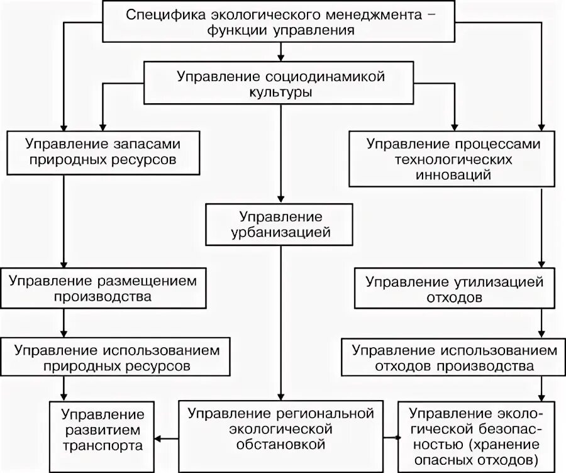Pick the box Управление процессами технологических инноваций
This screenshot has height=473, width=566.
click(453, 159)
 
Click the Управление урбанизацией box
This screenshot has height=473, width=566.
click(280, 225)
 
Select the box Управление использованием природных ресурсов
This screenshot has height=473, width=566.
click(113, 357)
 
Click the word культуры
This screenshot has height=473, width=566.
click(280, 92)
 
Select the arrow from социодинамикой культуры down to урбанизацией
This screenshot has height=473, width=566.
click(281, 154)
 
